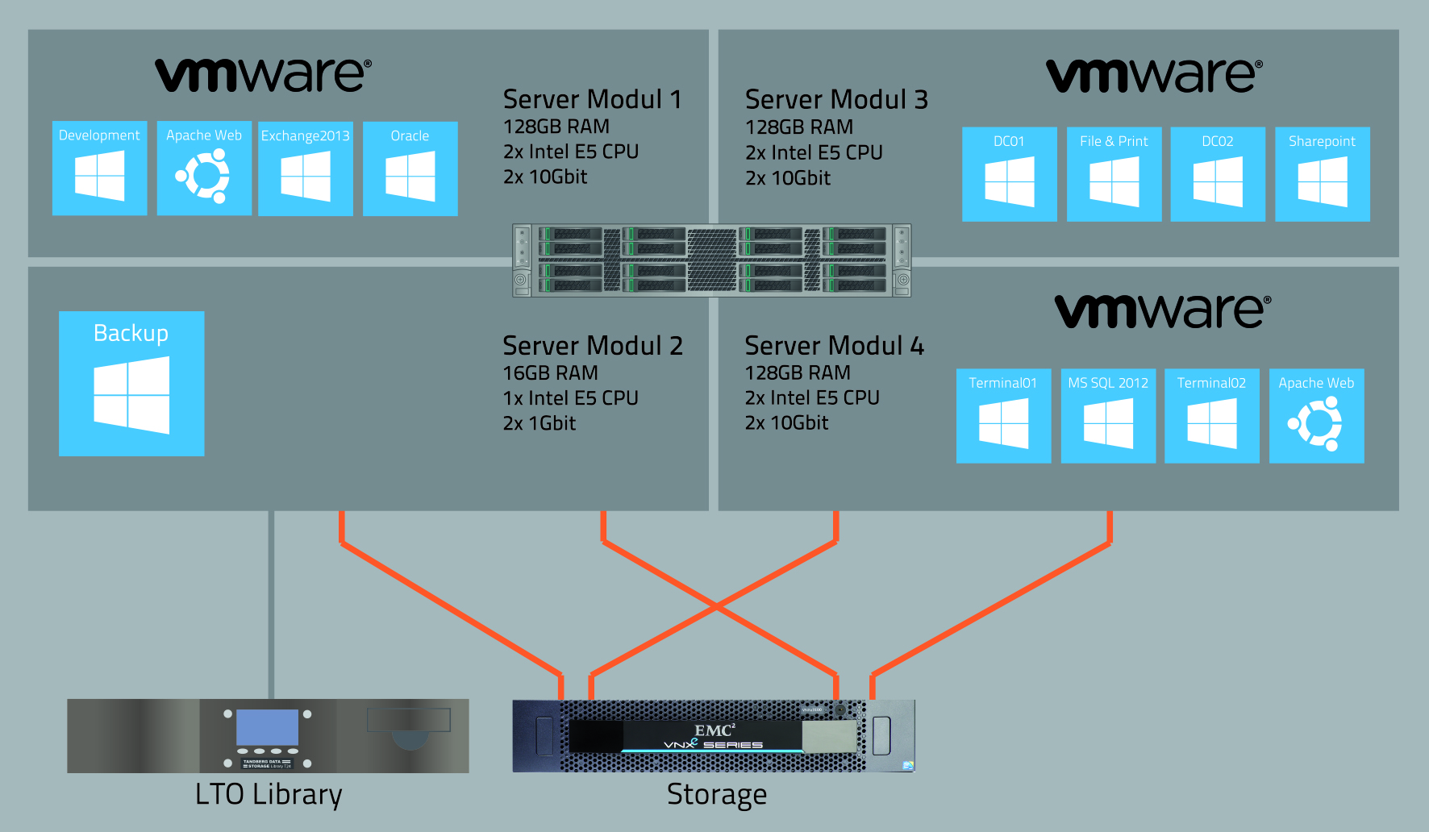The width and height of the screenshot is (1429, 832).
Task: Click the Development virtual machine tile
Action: click(x=99, y=168)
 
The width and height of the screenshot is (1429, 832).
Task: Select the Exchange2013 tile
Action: click(x=306, y=168)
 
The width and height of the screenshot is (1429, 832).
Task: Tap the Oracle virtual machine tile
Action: click(x=410, y=168)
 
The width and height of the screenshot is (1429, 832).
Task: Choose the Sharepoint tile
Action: click(x=1323, y=174)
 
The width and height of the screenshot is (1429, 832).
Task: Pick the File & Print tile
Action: click(x=1114, y=174)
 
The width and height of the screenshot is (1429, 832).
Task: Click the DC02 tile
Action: click(x=1218, y=174)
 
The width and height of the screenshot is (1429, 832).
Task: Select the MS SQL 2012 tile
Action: click(x=1108, y=416)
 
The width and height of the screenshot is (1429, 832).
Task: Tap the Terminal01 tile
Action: click(x=1003, y=416)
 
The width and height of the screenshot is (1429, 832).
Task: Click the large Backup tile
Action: click(x=131, y=384)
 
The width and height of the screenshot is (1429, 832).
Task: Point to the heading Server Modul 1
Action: click(x=592, y=99)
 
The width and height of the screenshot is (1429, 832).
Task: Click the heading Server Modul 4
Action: click(x=834, y=346)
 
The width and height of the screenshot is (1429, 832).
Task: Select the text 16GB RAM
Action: click(x=550, y=373)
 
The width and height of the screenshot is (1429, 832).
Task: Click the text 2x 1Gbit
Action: click(x=539, y=423)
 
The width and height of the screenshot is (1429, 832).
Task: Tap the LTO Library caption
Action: click(x=269, y=795)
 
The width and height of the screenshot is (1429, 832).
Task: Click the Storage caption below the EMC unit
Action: click(x=716, y=795)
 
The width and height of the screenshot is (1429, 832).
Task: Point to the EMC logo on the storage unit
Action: click(x=714, y=730)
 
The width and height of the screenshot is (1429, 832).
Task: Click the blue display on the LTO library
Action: click(x=267, y=727)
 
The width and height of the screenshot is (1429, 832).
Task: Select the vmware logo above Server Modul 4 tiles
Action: click(x=1162, y=311)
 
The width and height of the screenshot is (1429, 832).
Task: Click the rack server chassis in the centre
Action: click(x=711, y=260)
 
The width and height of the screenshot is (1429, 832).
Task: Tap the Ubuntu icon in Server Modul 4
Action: click(x=1316, y=423)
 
